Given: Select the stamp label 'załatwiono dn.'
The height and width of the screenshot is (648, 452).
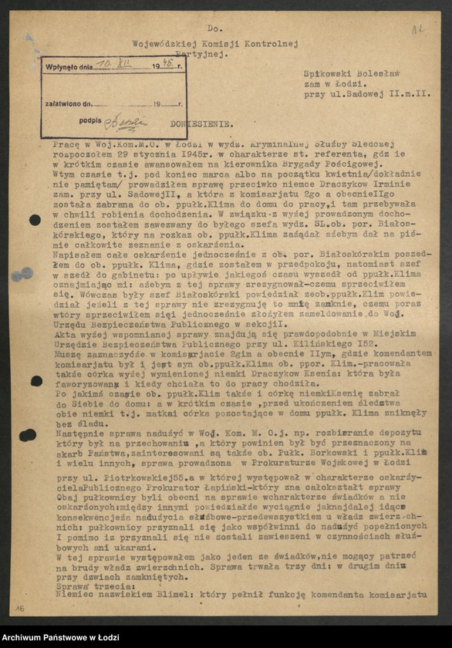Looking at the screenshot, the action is (68, 103).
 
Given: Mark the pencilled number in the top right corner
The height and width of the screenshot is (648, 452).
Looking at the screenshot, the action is (417, 29).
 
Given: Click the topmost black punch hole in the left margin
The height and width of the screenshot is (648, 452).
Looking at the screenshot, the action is (35, 220).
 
